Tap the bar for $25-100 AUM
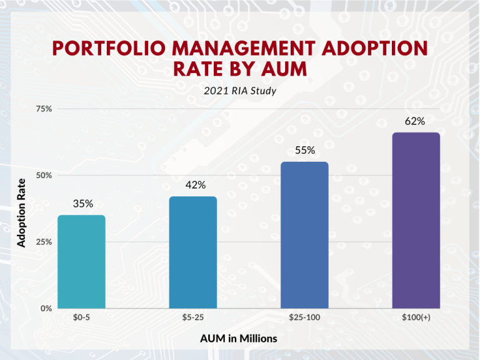click(304, 234)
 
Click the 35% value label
click(82, 204)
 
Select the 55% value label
click(305, 151)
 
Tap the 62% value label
click(415, 121)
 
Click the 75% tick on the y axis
click(44, 109)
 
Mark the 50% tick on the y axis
click(44, 176)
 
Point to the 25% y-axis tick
click(44, 242)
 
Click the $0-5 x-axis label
click(81, 318)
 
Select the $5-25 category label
click(192, 318)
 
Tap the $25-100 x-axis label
click(304, 318)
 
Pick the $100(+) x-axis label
click(416, 318)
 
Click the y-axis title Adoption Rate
click(22, 212)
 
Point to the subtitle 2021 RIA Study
click(240, 91)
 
